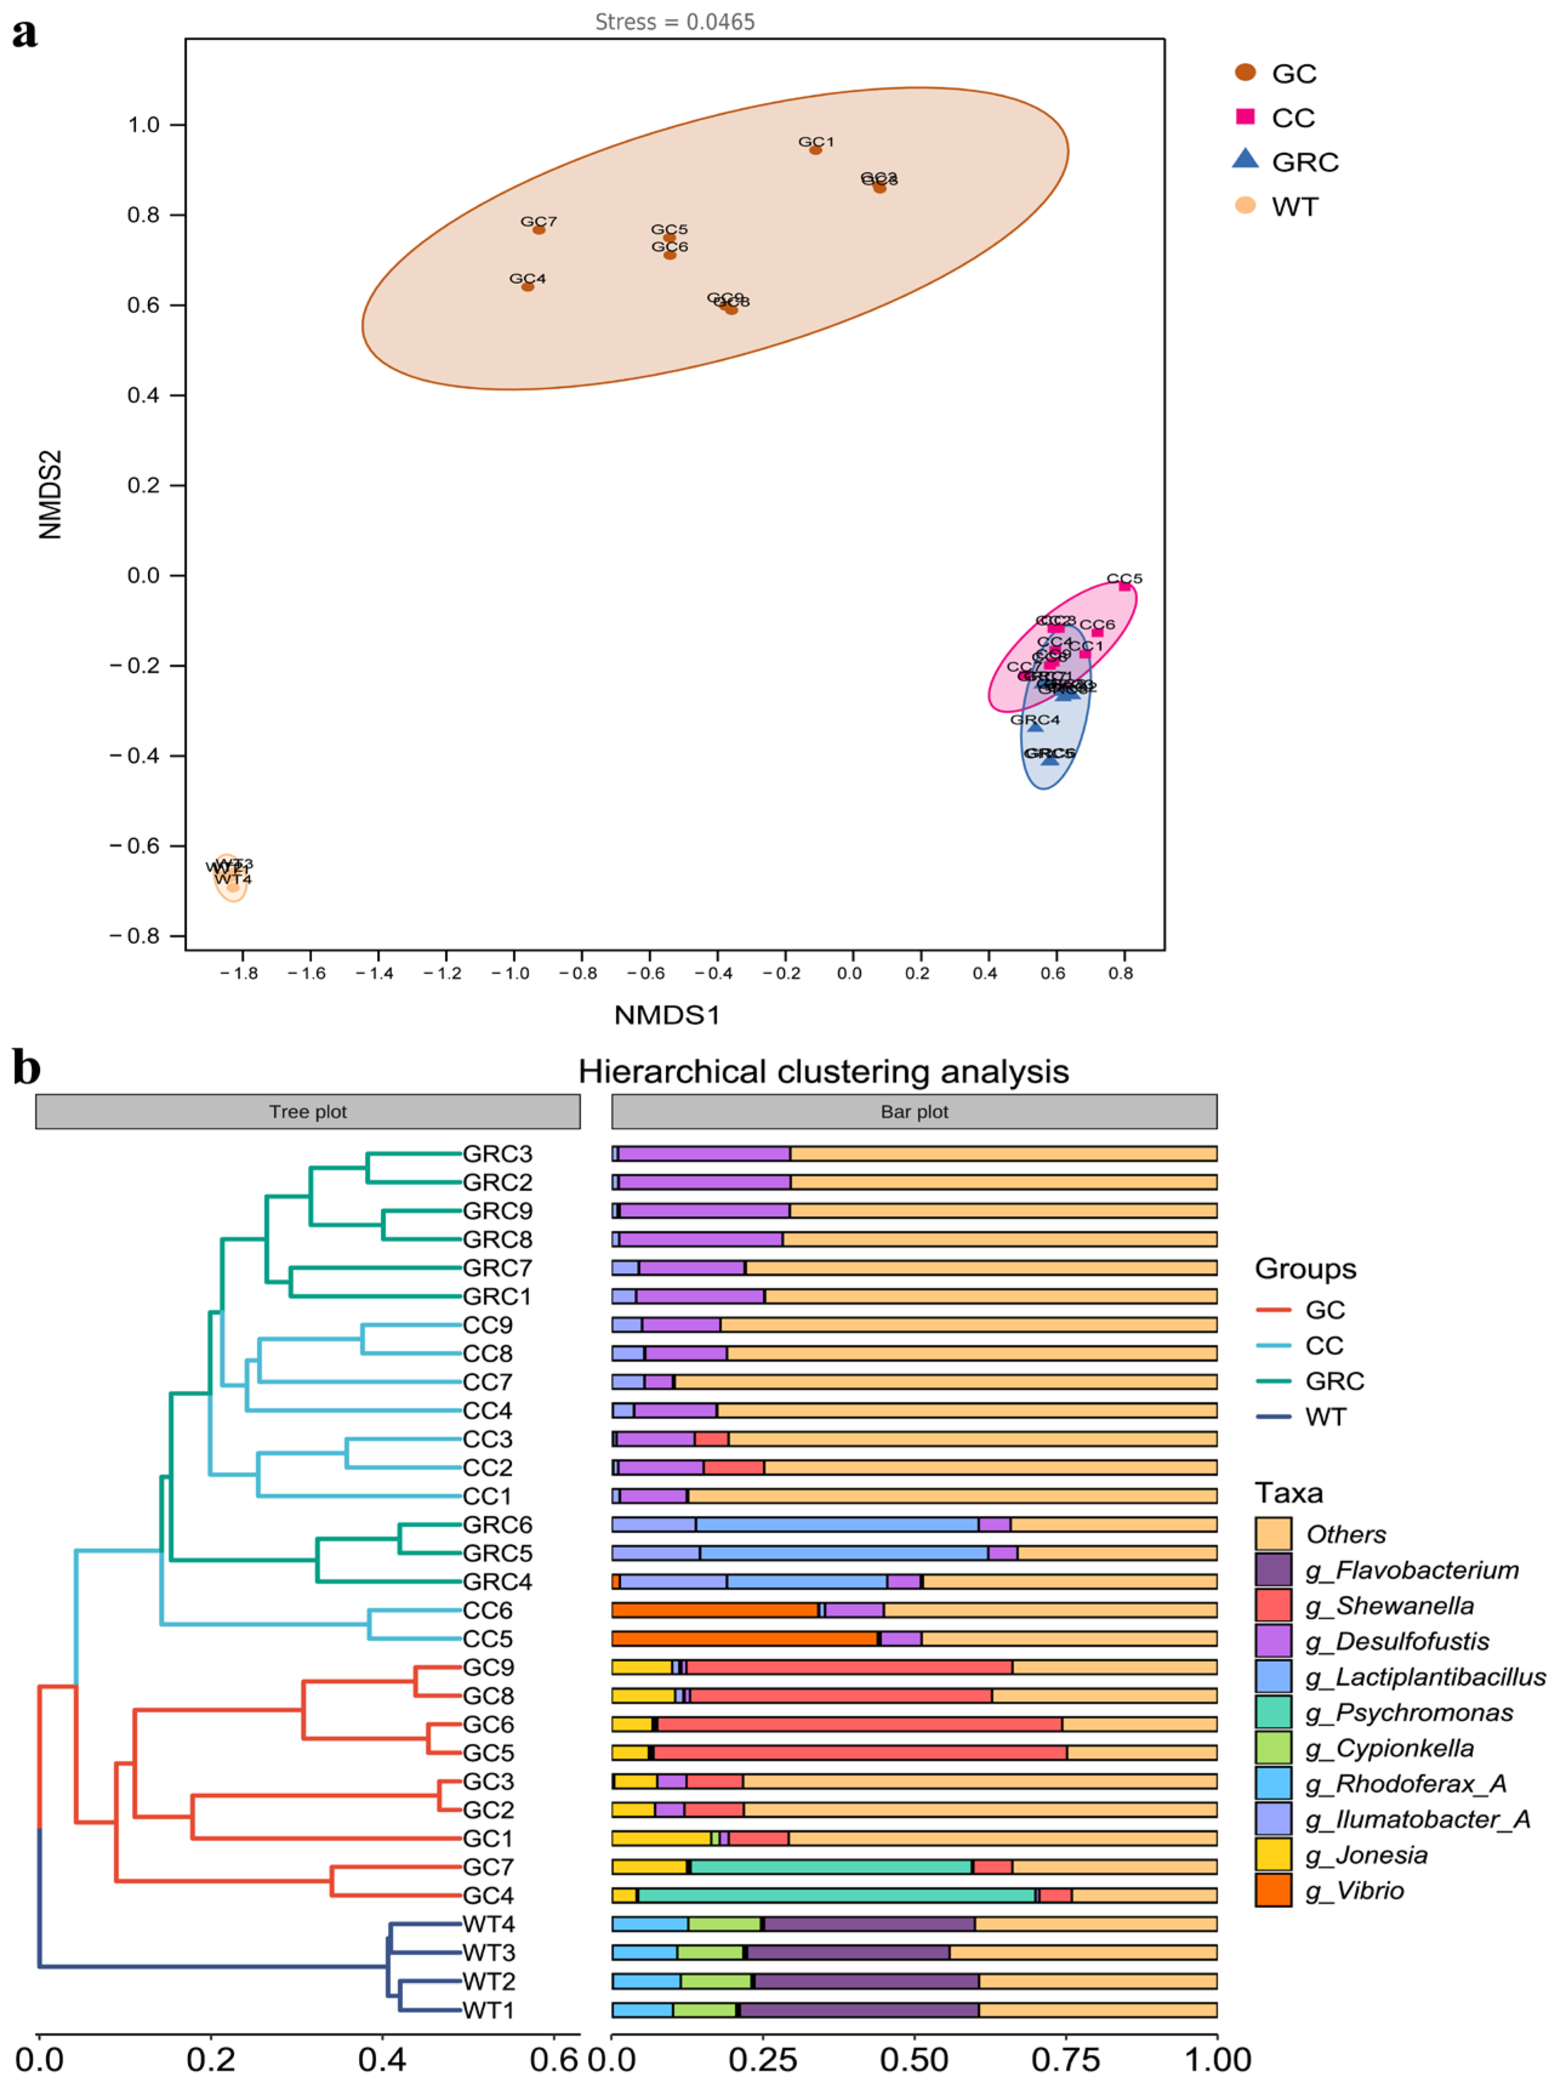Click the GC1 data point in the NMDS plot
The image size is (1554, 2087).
(x=816, y=150)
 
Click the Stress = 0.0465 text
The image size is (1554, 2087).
(x=674, y=22)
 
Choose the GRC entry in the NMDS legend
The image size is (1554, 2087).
(x=1304, y=162)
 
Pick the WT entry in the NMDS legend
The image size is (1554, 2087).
(x=1294, y=206)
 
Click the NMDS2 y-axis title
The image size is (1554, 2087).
(x=50, y=494)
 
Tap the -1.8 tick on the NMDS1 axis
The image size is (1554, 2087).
(x=239, y=973)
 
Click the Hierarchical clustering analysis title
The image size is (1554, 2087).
(x=823, y=1070)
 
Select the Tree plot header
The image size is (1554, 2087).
(x=307, y=1111)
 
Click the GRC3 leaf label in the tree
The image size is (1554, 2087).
(x=497, y=1154)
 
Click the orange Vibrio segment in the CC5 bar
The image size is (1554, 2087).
(x=744, y=1638)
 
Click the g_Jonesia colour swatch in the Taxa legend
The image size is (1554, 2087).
(x=1273, y=1855)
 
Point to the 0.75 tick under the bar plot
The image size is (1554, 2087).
(x=1067, y=2058)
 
